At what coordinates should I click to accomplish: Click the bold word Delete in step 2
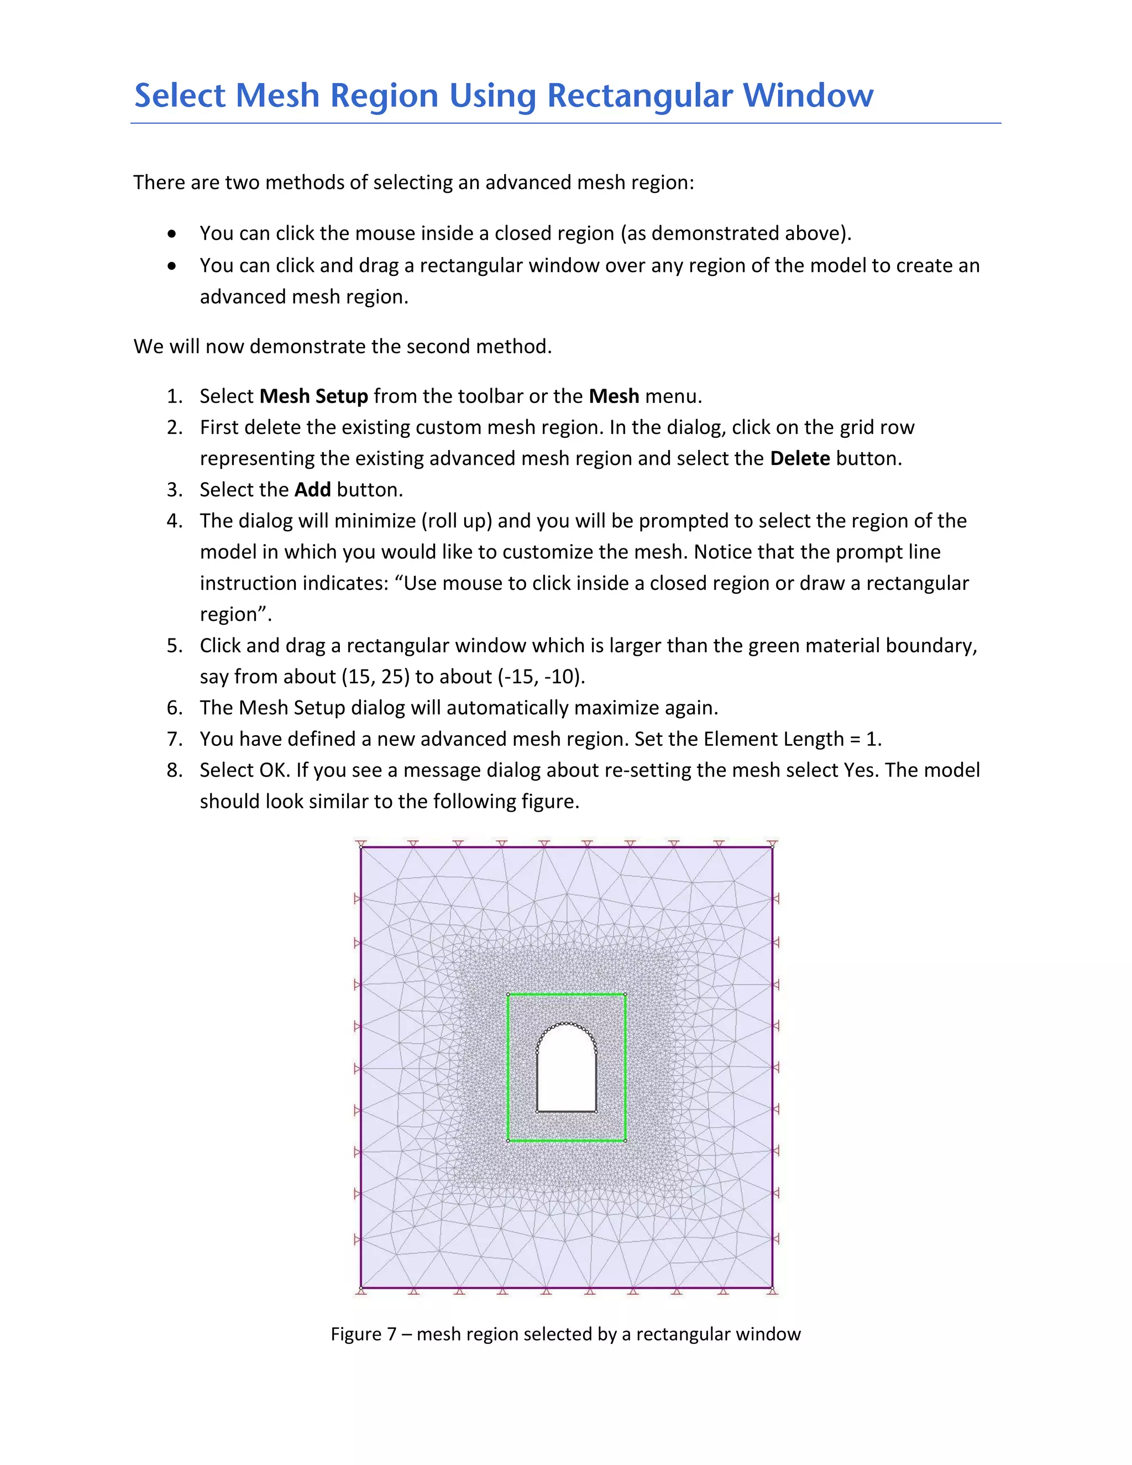[799, 459]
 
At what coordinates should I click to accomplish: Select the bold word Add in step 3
[312, 490]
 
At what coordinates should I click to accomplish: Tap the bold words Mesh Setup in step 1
[313, 396]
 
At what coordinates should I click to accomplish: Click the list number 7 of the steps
[174, 739]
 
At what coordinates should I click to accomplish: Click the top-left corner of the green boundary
[509, 995]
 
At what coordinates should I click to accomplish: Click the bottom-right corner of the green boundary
[625, 1140]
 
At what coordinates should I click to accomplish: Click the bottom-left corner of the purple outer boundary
[361, 1287]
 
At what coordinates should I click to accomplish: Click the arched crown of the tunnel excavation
[567, 1024]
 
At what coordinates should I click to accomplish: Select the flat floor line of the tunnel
[567, 1112]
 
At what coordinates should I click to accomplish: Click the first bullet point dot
[174, 234]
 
